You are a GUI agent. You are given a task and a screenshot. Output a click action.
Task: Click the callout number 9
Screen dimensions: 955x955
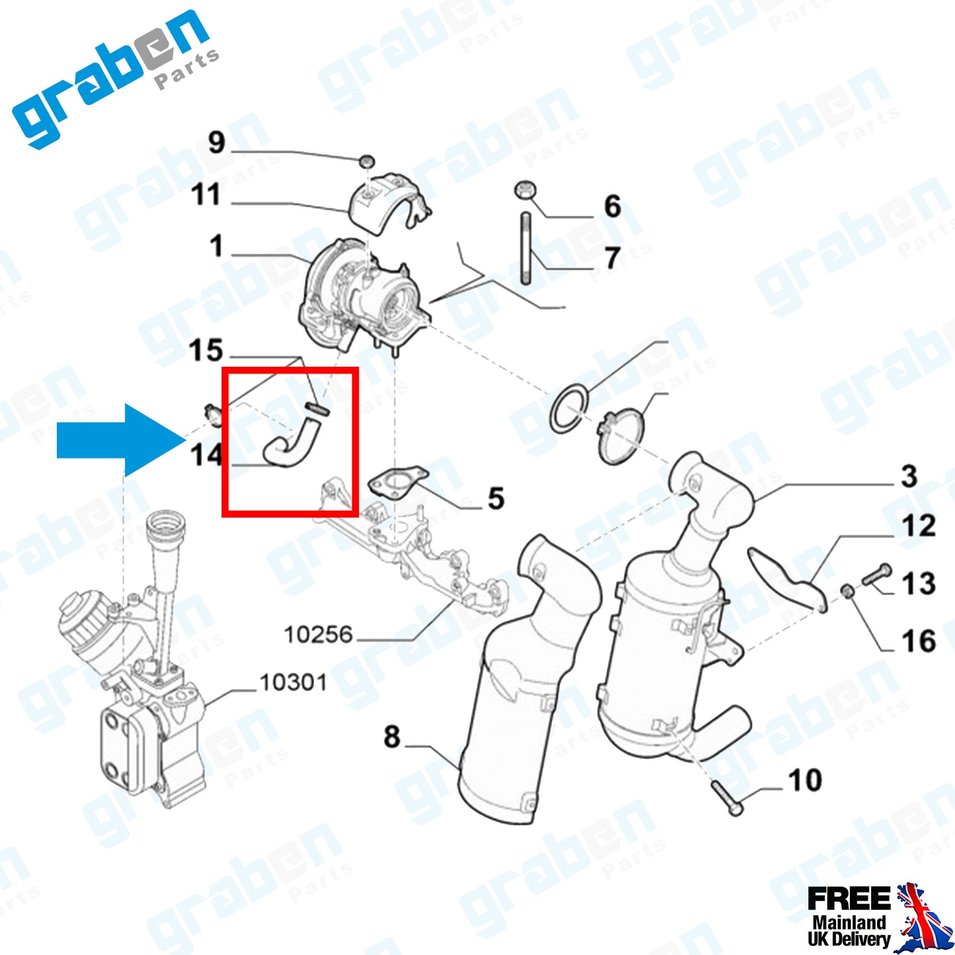click(217, 142)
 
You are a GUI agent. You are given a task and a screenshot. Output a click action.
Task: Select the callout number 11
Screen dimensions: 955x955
click(205, 195)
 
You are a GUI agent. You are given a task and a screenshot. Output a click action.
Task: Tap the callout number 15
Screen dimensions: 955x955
click(206, 351)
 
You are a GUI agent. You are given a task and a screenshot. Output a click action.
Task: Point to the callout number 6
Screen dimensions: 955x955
click(613, 207)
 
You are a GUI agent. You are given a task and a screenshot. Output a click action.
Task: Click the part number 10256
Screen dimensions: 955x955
click(318, 635)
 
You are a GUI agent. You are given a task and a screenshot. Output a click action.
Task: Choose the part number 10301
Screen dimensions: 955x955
click(293, 683)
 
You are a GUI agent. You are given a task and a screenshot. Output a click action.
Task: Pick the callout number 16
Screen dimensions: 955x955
click(919, 641)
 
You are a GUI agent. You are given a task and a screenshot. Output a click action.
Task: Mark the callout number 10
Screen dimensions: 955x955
click(805, 781)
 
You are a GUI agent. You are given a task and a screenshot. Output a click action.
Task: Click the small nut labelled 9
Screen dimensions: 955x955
click(367, 161)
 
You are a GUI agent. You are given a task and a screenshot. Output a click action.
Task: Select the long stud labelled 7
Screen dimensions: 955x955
click(526, 248)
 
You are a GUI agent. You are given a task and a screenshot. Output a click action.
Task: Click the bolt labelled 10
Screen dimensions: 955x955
click(727, 797)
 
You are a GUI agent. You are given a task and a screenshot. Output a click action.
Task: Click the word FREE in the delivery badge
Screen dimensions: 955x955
click(849, 899)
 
